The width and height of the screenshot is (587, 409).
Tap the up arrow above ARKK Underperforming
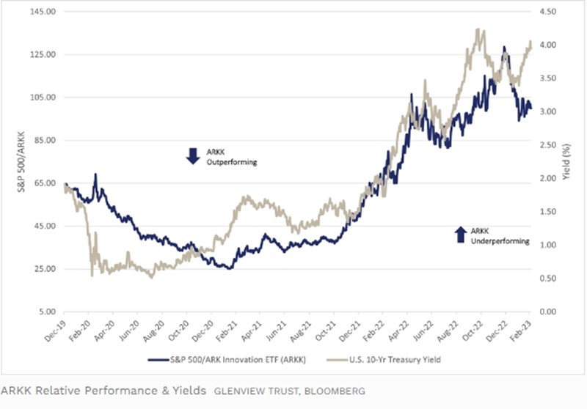460,233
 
